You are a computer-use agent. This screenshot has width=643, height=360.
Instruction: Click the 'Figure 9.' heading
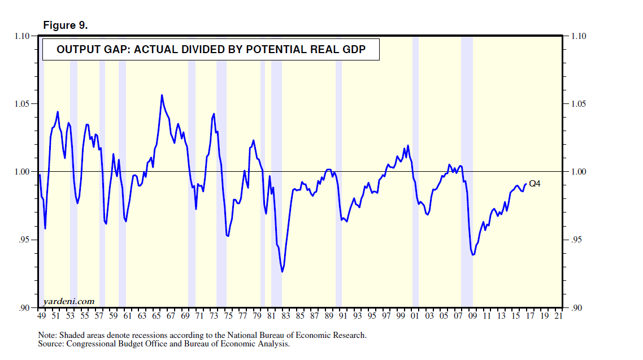65,26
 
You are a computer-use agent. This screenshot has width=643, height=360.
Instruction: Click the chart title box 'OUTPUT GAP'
211,50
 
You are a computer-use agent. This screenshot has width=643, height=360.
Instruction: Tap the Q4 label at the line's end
535,183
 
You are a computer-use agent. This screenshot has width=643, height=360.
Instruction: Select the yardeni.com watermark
69,302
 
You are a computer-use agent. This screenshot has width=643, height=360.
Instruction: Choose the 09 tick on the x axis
472,316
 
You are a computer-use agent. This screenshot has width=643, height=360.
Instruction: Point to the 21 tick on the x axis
558,316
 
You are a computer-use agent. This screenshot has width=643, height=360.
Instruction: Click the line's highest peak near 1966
162,95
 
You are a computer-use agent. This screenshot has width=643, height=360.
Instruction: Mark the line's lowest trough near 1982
282,272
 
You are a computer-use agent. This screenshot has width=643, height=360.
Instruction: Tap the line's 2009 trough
473,255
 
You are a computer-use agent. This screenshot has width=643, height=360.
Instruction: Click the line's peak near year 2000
408,146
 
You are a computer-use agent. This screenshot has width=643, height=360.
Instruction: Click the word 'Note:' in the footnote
47,335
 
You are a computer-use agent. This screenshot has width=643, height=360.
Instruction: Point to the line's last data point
526,183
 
